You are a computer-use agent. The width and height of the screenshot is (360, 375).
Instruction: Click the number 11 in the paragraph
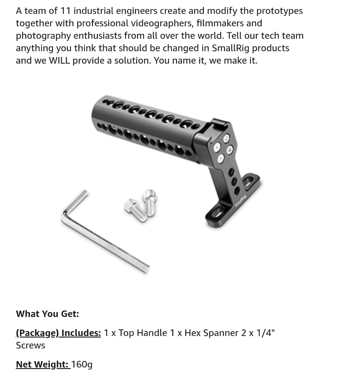click(65, 11)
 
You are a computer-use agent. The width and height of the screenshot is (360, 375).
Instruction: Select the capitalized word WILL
click(59, 61)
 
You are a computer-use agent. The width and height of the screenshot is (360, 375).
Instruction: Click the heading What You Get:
click(47, 314)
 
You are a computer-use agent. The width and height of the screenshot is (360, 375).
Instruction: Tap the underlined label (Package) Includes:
click(58, 333)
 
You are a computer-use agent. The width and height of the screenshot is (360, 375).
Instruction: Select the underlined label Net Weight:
click(43, 364)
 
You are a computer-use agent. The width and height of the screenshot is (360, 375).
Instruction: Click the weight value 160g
click(82, 364)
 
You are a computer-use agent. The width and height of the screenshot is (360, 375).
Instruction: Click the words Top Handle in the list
click(142, 333)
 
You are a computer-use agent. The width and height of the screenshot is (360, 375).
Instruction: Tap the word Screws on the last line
click(30, 345)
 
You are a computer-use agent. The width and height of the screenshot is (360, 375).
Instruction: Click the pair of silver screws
click(141, 205)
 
